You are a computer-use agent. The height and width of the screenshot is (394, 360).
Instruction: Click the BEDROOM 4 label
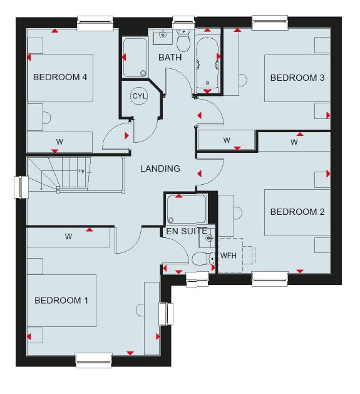pyautogui.click(x=60, y=77)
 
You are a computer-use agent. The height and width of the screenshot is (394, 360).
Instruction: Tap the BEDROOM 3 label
pyautogui.click(x=297, y=78)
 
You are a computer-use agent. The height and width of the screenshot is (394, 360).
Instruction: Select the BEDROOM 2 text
pyautogui.click(x=297, y=212)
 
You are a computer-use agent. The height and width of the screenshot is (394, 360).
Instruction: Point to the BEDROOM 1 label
pyautogui.click(x=61, y=300)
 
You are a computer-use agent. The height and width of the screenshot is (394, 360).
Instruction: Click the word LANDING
pyautogui.click(x=160, y=168)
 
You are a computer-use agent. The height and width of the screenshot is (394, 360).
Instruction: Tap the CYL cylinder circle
pyautogui.click(x=139, y=96)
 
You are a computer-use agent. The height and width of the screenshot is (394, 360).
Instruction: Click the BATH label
pyautogui.click(x=170, y=57)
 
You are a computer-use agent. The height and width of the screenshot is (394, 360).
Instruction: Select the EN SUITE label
pyautogui.click(x=187, y=231)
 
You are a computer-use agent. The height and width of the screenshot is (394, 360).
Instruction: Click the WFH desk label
pyautogui.click(x=229, y=256)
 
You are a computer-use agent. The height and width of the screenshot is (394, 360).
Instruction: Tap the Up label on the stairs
pyautogui.click(x=81, y=171)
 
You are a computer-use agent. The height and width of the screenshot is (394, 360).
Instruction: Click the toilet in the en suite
pyautogui.click(x=203, y=259)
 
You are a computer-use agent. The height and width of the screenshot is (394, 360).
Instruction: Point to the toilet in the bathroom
pyautogui.click(x=183, y=41)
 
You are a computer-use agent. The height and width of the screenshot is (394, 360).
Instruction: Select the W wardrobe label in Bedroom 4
pyautogui.click(x=59, y=142)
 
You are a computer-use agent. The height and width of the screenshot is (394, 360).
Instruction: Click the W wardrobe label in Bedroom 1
pyautogui.click(x=68, y=236)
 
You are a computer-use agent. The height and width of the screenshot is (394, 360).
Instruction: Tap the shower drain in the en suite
pyautogui.click(x=171, y=220)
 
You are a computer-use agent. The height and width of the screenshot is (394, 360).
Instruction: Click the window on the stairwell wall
pyautogui.click(x=21, y=187)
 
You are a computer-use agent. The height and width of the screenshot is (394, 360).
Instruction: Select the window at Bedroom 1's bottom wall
pyautogui.click(x=94, y=360)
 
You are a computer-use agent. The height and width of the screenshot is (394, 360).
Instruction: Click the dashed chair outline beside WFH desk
pyautogui.click(x=249, y=256)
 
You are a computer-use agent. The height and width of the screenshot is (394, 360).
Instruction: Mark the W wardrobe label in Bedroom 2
pyautogui.click(x=294, y=142)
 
